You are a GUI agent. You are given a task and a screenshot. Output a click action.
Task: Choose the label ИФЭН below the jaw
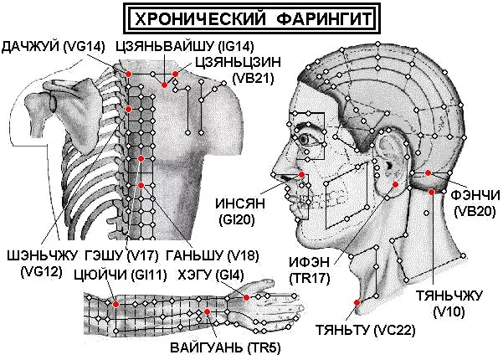[308, 263]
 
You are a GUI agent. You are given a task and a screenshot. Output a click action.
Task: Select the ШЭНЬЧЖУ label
[33, 255]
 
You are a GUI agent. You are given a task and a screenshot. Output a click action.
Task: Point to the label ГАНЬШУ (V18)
[198, 255]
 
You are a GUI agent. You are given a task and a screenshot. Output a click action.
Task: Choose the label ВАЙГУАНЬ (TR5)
[219, 346]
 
